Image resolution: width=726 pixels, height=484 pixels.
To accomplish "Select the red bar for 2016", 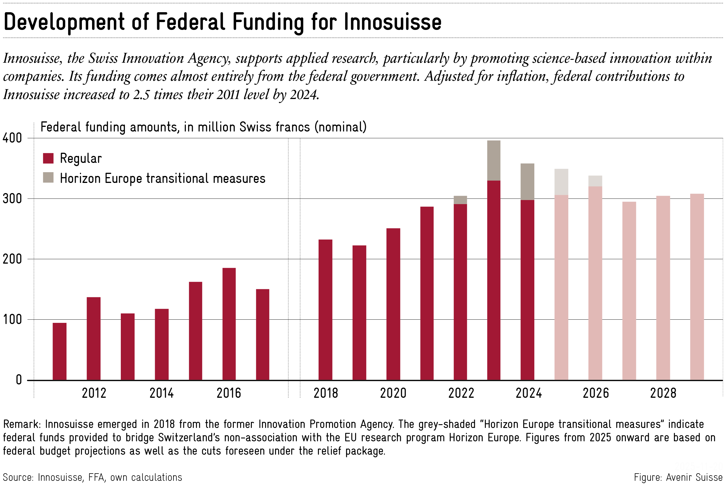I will (x=229, y=324).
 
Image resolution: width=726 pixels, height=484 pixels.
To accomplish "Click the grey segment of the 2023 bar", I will (x=494, y=161).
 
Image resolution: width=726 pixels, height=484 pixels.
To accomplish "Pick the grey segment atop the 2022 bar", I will (x=460, y=200).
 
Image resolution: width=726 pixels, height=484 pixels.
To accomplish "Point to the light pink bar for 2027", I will (x=629, y=290).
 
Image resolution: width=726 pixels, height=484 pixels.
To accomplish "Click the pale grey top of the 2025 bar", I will (x=561, y=182).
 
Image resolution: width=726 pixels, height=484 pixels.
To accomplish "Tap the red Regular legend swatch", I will (x=48, y=158).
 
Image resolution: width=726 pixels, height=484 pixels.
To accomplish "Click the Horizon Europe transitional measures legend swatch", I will (x=48, y=177).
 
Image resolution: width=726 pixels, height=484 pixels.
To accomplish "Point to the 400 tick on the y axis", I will (x=12, y=138).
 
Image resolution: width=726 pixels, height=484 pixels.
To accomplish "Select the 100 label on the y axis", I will (x=12, y=319).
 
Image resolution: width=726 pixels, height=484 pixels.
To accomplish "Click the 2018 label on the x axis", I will (x=326, y=393).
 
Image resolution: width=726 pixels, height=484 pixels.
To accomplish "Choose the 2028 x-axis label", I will (x=663, y=393).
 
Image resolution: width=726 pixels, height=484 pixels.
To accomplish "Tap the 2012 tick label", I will (x=94, y=393).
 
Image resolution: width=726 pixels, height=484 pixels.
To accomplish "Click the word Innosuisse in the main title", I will (x=393, y=22).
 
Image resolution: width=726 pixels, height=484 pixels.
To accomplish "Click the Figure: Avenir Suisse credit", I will (x=678, y=477).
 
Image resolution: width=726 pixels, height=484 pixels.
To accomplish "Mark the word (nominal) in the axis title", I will (x=340, y=127).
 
